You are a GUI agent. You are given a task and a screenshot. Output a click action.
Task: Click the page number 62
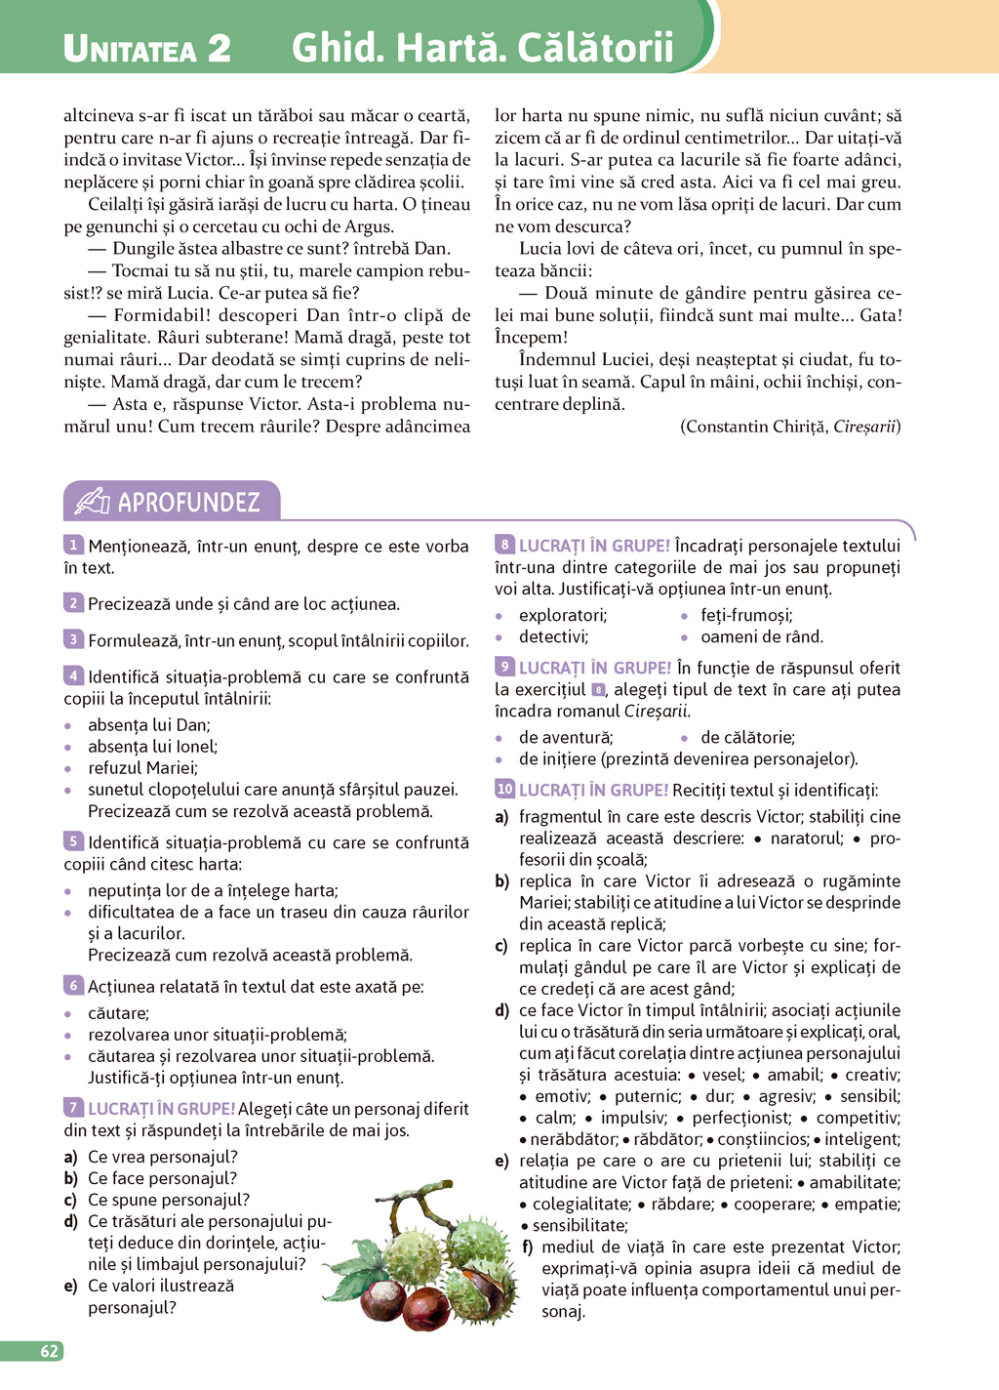pyautogui.click(x=49, y=1351)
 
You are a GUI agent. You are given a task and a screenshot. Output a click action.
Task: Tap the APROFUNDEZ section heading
pyautogui.click(x=188, y=503)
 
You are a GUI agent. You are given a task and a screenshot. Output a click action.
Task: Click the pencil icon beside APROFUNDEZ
pyautogui.click(x=93, y=502)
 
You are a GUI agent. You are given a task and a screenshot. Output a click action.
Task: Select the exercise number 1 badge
pyautogui.click(x=73, y=545)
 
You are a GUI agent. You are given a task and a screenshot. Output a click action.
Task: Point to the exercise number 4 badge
pyautogui.click(x=73, y=675)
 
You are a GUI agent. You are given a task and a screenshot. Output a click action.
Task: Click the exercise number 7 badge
pyautogui.click(x=73, y=1107)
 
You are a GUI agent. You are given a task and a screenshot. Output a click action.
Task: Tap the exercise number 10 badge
pyautogui.click(x=504, y=789)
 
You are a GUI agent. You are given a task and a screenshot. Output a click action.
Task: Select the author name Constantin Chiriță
pyautogui.click(x=755, y=427)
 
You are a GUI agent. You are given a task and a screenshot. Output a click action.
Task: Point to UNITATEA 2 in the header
pyautogui.click(x=146, y=48)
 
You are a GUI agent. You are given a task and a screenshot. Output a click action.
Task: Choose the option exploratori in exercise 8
pyautogui.click(x=562, y=615)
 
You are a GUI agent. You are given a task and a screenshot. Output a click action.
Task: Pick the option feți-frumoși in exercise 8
pyautogui.click(x=746, y=615)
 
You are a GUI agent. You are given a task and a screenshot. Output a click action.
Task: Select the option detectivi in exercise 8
pyautogui.click(x=553, y=636)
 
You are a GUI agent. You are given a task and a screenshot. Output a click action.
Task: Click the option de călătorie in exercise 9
pyautogui.click(x=747, y=737)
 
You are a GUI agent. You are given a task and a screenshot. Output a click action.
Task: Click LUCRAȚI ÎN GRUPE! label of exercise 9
pyautogui.click(x=594, y=668)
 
